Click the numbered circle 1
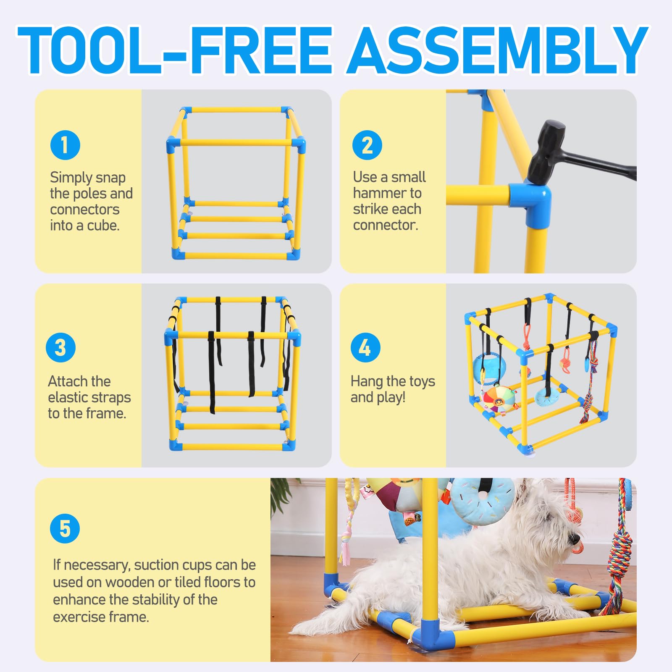(x=65, y=145)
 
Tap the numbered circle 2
(x=367, y=145)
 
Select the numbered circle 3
(x=60, y=347)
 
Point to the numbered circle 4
(x=365, y=347)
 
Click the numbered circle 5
(x=65, y=528)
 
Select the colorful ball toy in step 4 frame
(x=498, y=400)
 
